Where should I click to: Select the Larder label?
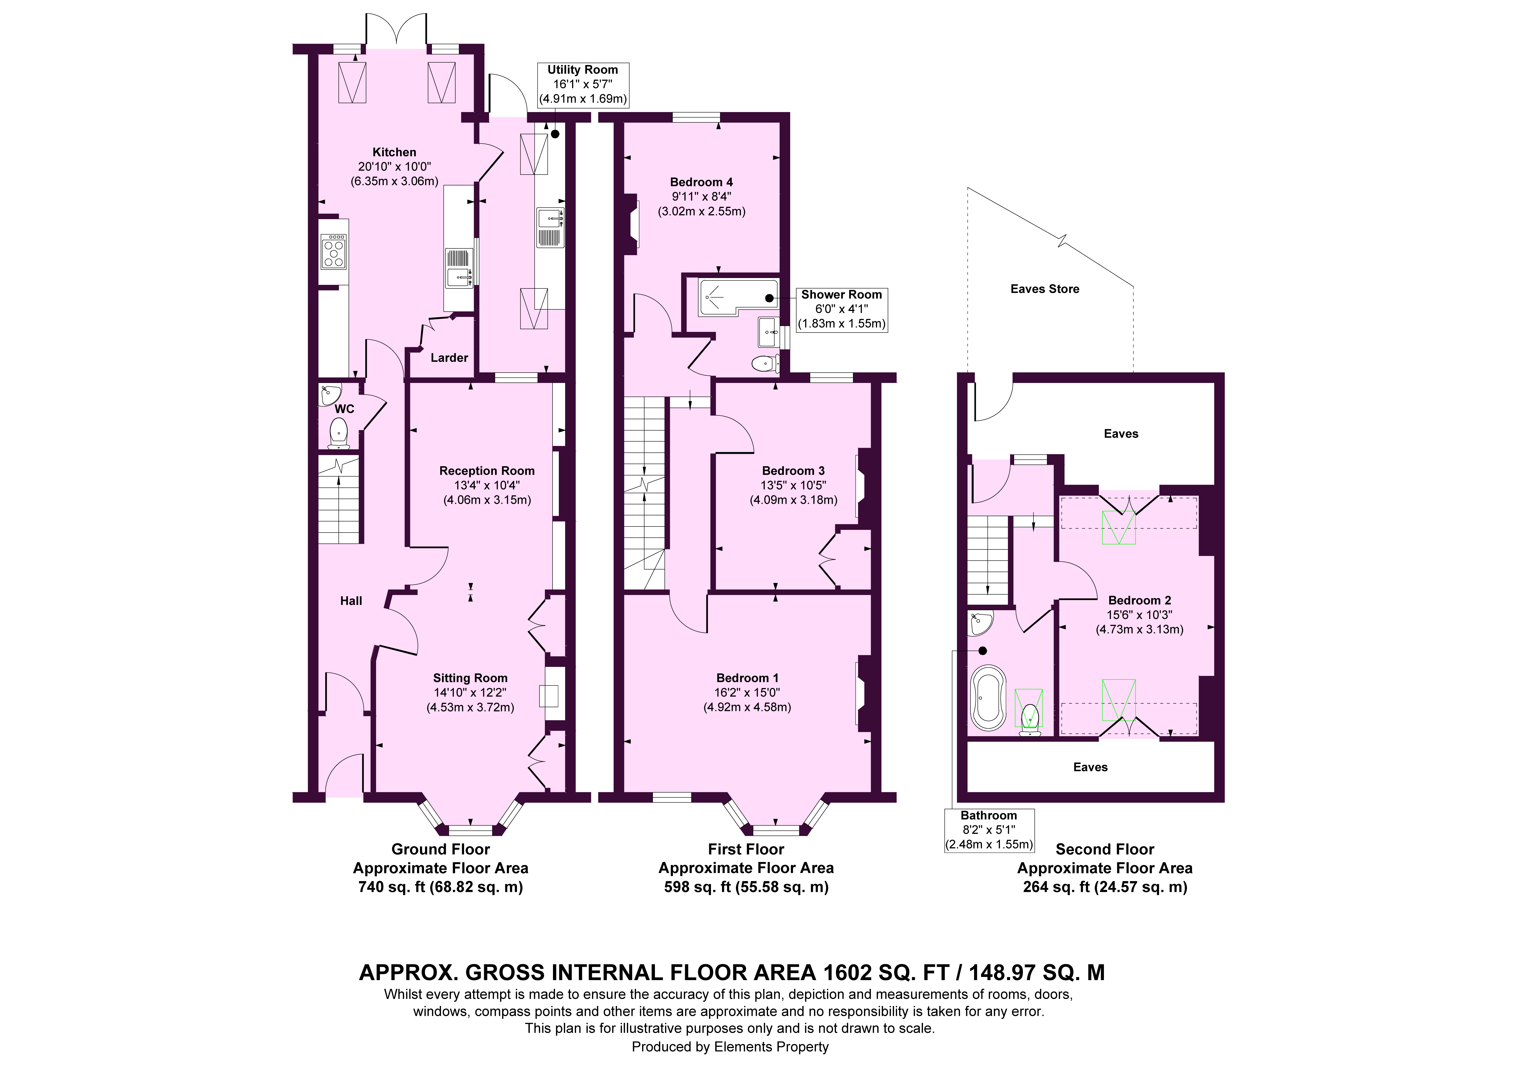(449, 358)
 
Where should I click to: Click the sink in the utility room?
(550, 227)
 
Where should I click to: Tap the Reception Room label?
(487, 471)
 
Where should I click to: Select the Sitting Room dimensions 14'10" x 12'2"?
(470, 693)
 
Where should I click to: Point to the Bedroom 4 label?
(701, 182)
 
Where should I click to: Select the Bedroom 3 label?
(793, 471)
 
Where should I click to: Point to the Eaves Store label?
(1045, 288)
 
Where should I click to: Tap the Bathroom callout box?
(989, 830)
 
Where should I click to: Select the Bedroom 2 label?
(1140, 600)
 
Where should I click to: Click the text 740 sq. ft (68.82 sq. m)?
(440, 887)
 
